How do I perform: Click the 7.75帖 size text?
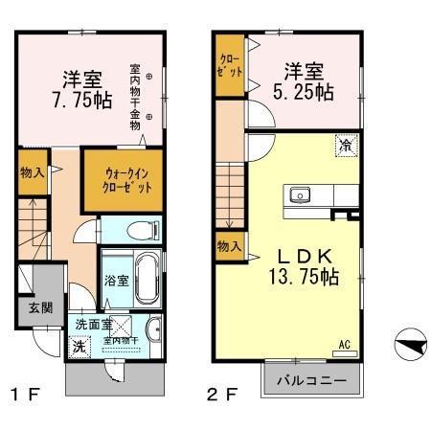coord(79,100)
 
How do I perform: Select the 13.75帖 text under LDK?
coord(304,278)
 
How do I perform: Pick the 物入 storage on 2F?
coord(228,247)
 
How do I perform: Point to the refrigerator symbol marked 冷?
coord(344,146)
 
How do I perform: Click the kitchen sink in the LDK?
coord(300,195)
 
